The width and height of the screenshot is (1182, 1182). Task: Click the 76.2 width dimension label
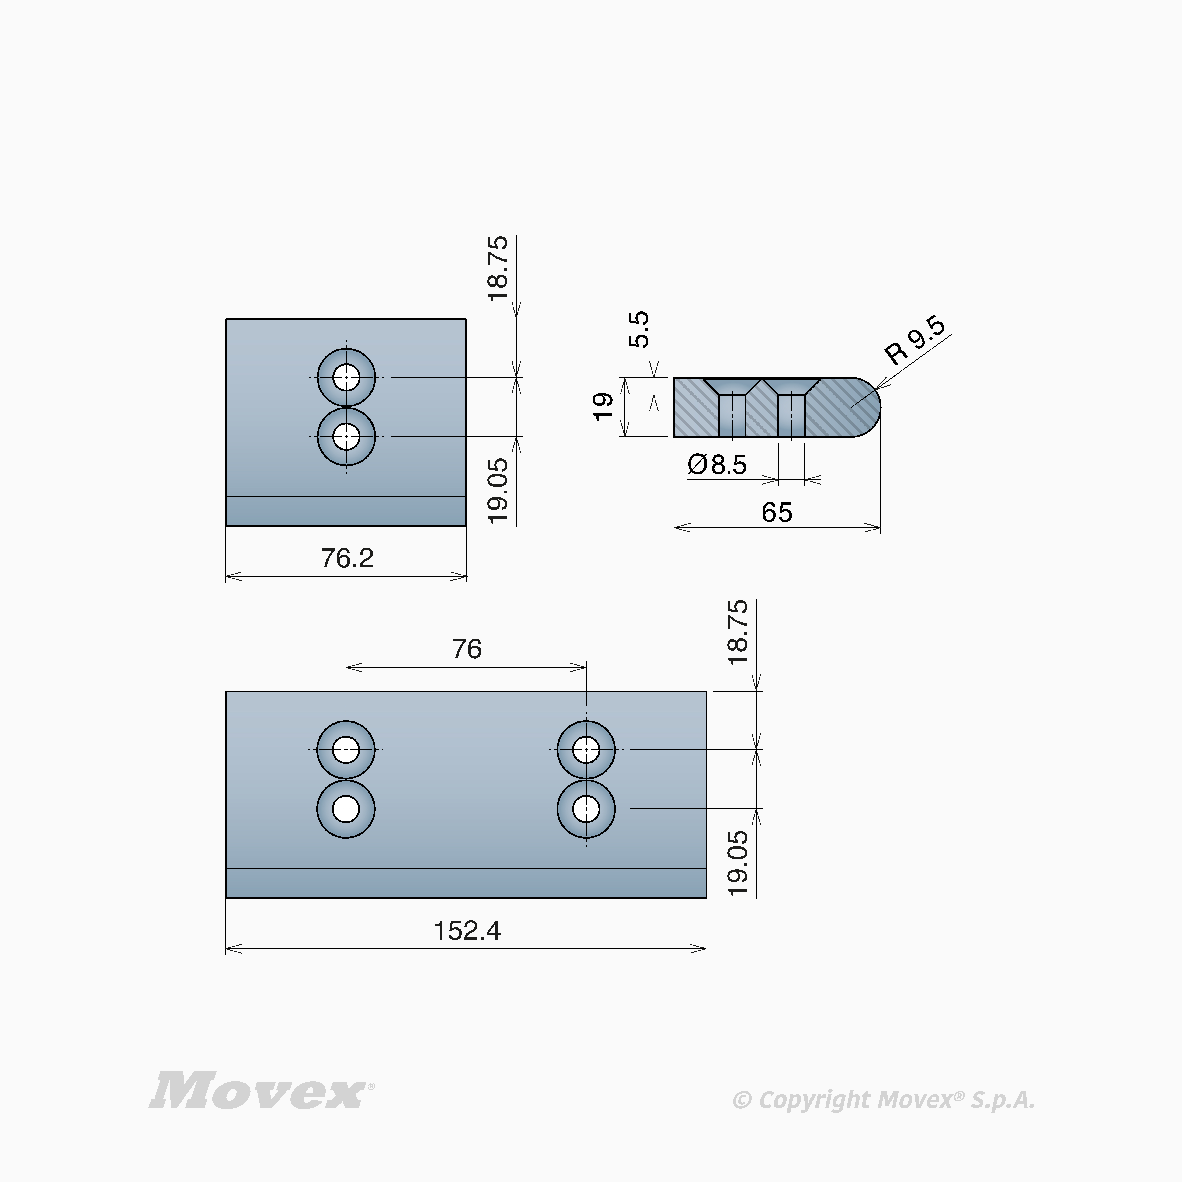click(347, 558)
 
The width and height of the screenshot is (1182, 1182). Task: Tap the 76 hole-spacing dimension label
click(467, 648)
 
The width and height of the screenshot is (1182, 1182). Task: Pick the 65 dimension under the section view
click(777, 512)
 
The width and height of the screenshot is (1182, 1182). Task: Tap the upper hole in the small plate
click(346, 377)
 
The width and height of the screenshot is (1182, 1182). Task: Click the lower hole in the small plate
click(346, 436)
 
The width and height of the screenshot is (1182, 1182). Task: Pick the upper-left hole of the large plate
click(346, 749)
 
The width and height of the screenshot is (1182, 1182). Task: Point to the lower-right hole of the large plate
click(586, 809)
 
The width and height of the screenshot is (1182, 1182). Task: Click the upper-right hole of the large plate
click(586, 749)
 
